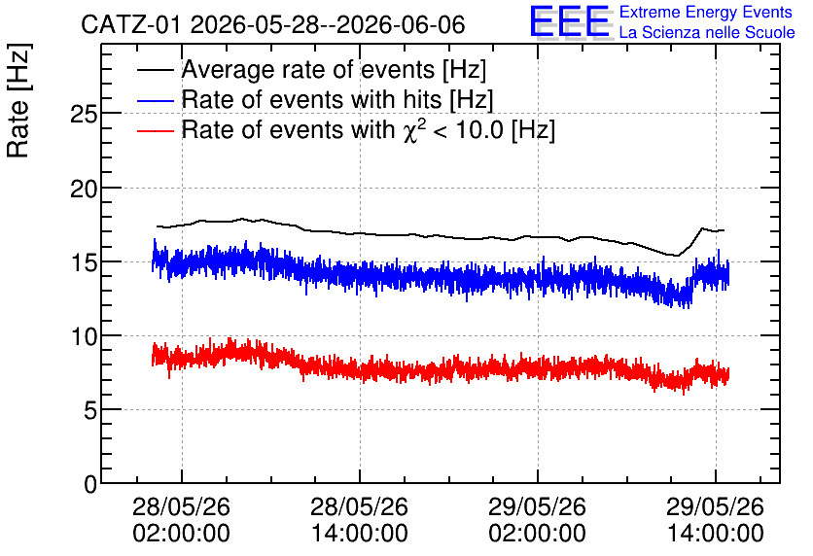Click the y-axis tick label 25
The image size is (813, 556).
(84, 115)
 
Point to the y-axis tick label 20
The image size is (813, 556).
(84, 189)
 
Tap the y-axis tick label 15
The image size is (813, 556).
(84, 262)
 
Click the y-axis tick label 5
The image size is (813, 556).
(90, 411)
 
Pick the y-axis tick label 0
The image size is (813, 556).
(90, 485)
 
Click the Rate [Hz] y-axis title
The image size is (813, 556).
(18, 100)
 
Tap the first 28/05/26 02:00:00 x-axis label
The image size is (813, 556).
(181, 520)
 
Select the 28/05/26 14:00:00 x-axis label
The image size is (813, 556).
(359, 520)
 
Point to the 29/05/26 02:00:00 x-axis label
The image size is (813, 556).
(537, 520)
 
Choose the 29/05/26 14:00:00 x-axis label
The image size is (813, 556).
(715, 520)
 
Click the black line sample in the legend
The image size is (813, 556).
(155, 70)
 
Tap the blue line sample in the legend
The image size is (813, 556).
(155, 100)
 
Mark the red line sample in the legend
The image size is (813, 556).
(155, 130)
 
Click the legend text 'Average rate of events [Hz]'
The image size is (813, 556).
(334, 70)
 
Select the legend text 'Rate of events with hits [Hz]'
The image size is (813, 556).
(337, 100)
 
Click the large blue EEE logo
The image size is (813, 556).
(570, 22)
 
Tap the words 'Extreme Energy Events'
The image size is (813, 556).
(706, 12)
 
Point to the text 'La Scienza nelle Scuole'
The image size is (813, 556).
(707, 32)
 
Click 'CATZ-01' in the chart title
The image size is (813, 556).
(130, 25)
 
